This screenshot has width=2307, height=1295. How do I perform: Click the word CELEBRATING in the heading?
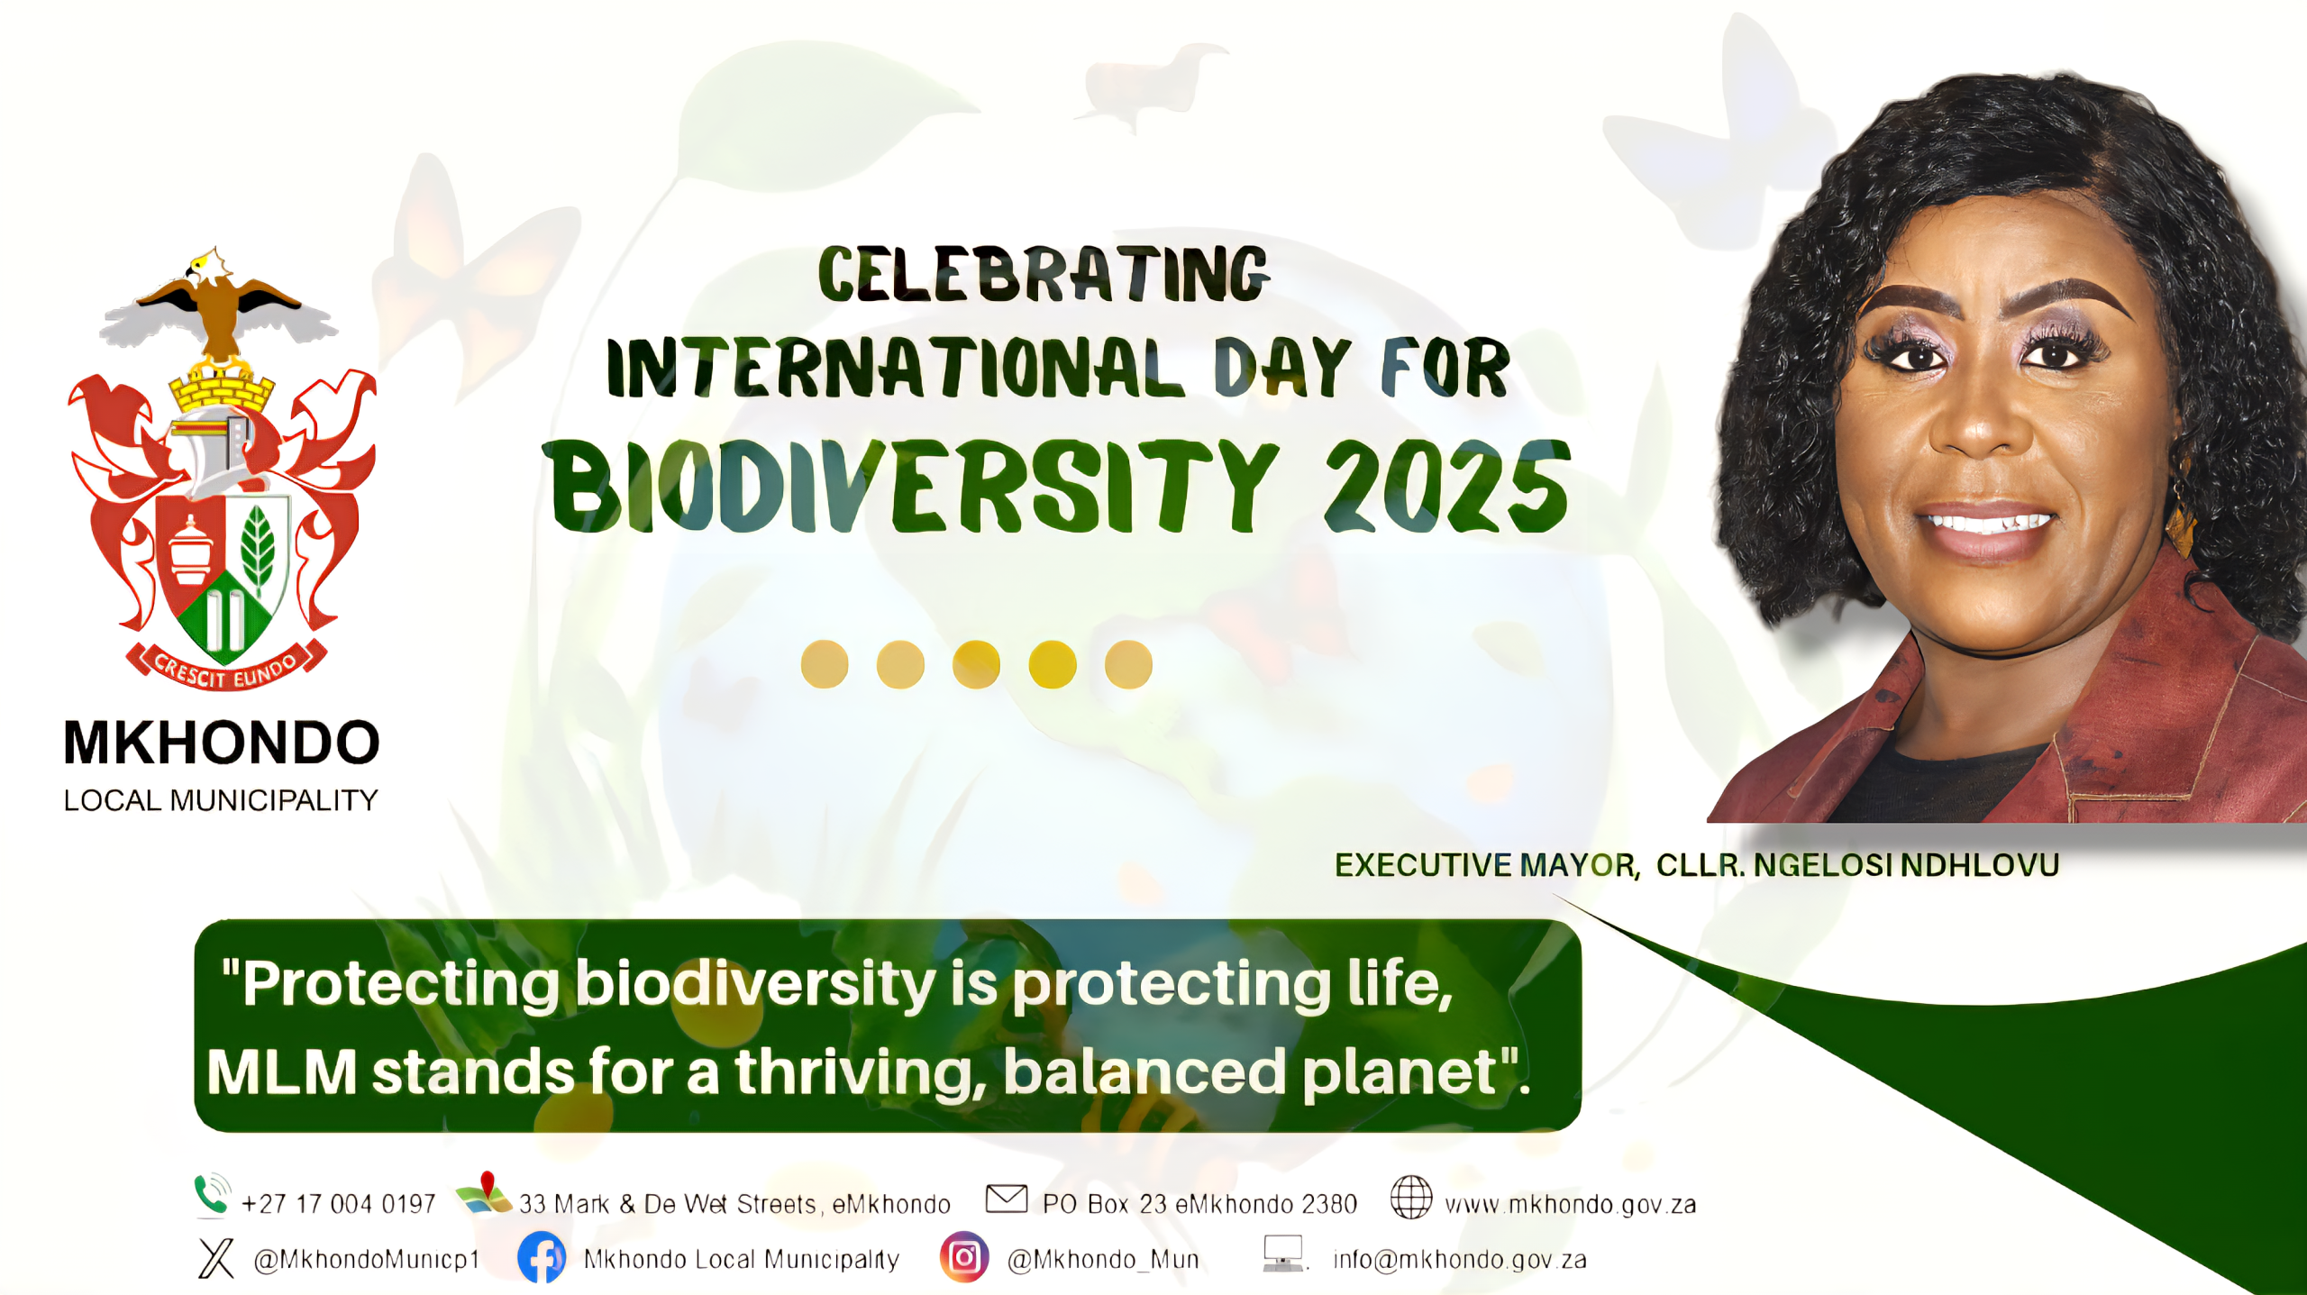click(1044, 274)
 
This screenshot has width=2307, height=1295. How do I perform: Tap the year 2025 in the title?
click(1447, 488)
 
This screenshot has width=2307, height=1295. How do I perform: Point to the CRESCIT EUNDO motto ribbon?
click(225, 668)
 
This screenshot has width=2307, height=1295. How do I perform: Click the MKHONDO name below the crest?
click(222, 743)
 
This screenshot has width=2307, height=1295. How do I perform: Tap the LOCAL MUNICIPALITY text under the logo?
click(221, 800)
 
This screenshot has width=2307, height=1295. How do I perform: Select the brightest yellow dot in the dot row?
click(1053, 665)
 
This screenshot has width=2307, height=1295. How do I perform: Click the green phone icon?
click(212, 1195)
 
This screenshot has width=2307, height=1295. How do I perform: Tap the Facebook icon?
click(542, 1257)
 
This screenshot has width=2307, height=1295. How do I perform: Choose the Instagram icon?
click(964, 1257)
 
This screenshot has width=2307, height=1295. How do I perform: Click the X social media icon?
click(216, 1258)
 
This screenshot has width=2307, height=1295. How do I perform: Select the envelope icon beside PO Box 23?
click(1007, 1199)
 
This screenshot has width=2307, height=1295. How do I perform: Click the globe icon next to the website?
click(1411, 1198)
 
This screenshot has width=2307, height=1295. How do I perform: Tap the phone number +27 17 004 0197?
click(339, 1204)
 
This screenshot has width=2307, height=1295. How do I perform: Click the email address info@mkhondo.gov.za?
click(1460, 1259)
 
